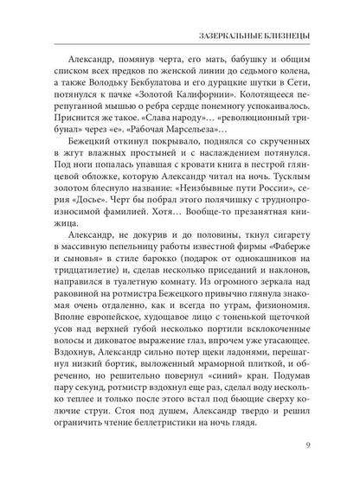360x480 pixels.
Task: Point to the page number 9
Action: [x=307, y=446]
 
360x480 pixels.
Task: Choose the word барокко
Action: [x=166, y=284]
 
